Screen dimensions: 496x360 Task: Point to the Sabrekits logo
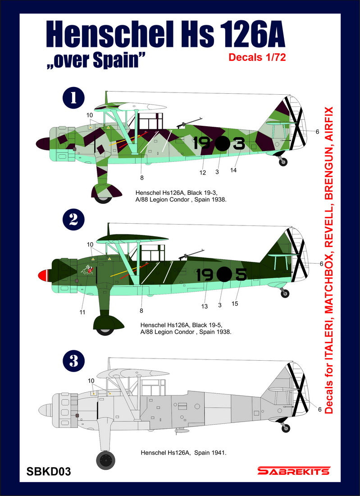293,471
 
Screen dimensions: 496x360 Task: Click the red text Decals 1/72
257,57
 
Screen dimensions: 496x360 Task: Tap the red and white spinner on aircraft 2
45,275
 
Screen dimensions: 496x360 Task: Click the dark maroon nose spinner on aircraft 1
44,144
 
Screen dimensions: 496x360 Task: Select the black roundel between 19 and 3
221,143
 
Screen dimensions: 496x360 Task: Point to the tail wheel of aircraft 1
283,161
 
